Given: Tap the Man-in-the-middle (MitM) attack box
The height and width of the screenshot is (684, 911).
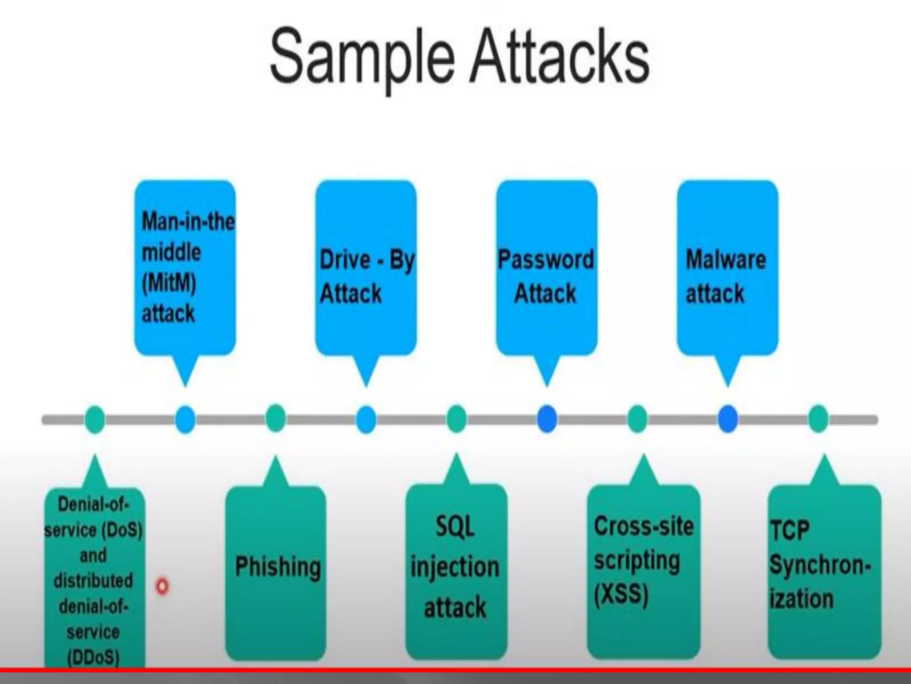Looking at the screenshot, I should (185, 267).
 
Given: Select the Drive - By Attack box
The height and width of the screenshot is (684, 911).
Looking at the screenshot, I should (366, 267).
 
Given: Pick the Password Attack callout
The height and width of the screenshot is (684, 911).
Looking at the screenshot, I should (546, 267).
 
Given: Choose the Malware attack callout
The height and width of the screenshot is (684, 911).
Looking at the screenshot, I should (727, 267).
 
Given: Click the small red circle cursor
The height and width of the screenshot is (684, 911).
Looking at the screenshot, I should (162, 586).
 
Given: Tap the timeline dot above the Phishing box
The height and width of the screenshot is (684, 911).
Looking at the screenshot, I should (275, 419).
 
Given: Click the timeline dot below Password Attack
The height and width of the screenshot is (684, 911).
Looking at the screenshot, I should (547, 419).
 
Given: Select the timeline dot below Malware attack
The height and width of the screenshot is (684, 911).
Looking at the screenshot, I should (728, 419).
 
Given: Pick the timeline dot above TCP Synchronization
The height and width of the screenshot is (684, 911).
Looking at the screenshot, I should (818, 419).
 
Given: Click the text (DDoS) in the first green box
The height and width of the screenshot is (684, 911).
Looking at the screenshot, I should (93, 657).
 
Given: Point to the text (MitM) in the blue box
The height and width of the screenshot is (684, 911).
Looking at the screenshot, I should (169, 283).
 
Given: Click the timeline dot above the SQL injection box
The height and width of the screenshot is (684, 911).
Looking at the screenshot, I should (456, 419).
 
